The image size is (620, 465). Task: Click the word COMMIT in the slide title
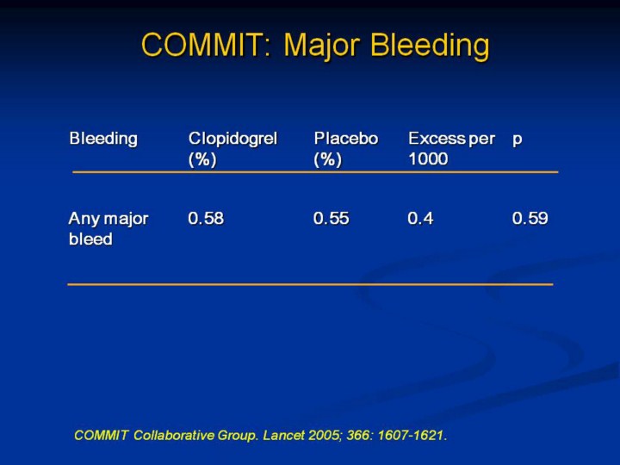click(x=206, y=44)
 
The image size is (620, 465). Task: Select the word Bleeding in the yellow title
click(x=431, y=46)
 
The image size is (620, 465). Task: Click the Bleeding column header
click(x=103, y=139)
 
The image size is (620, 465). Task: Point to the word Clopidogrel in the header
click(x=232, y=139)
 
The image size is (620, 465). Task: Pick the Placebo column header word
click(x=346, y=139)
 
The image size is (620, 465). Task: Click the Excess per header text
click(x=451, y=139)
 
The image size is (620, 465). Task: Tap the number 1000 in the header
click(x=428, y=159)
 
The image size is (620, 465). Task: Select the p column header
click(x=518, y=140)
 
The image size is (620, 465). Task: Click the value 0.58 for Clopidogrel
click(x=206, y=218)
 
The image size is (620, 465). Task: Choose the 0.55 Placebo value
click(x=332, y=218)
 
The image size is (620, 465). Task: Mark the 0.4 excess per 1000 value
click(x=421, y=218)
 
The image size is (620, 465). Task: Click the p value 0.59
click(x=530, y=218)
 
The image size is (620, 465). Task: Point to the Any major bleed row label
click(x=108, y=228)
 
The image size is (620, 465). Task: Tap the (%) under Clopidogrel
click(x=202, y=160)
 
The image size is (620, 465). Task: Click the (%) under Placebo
click(x=328, y=160)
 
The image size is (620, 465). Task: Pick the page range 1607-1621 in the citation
click(x=412, y=436)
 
